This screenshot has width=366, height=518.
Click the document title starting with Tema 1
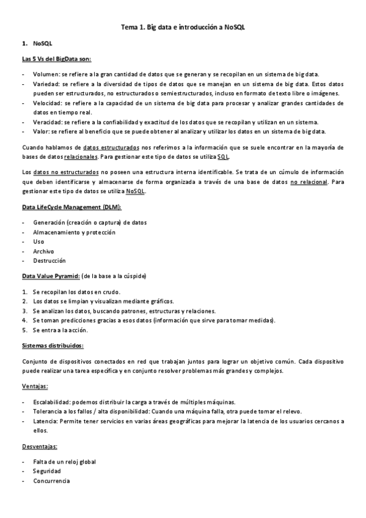pyautogui.click(x=183, y=27)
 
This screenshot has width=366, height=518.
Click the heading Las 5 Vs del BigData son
pyautogui.click(x=56, y=59)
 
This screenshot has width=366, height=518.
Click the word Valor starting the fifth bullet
pyautogui.click(x=41, y=131)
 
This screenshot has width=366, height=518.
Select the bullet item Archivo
pyautogui.click(x=43, y=251)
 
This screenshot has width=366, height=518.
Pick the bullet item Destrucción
pyautogui.click(x=49, y=260)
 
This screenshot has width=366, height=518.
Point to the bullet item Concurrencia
pyautogui.click(x=51, y=481)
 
